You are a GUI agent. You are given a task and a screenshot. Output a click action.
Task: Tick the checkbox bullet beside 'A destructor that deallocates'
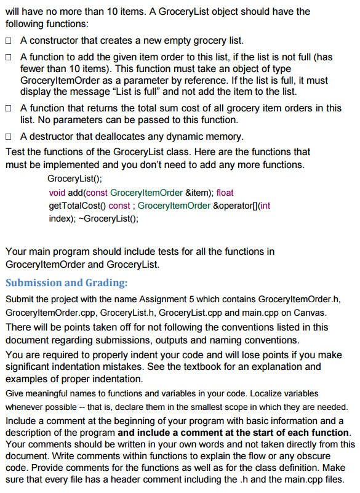[9, 136]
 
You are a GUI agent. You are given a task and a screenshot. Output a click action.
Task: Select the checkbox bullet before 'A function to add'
[9, 57]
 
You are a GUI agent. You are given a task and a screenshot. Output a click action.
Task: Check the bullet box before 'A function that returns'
[9, 108]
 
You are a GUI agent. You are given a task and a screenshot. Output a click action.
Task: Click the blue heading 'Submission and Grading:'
[66, 283]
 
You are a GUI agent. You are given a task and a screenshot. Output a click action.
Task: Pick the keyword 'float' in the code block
[225, 193]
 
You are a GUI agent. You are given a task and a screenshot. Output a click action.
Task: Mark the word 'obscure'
[334, 456]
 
